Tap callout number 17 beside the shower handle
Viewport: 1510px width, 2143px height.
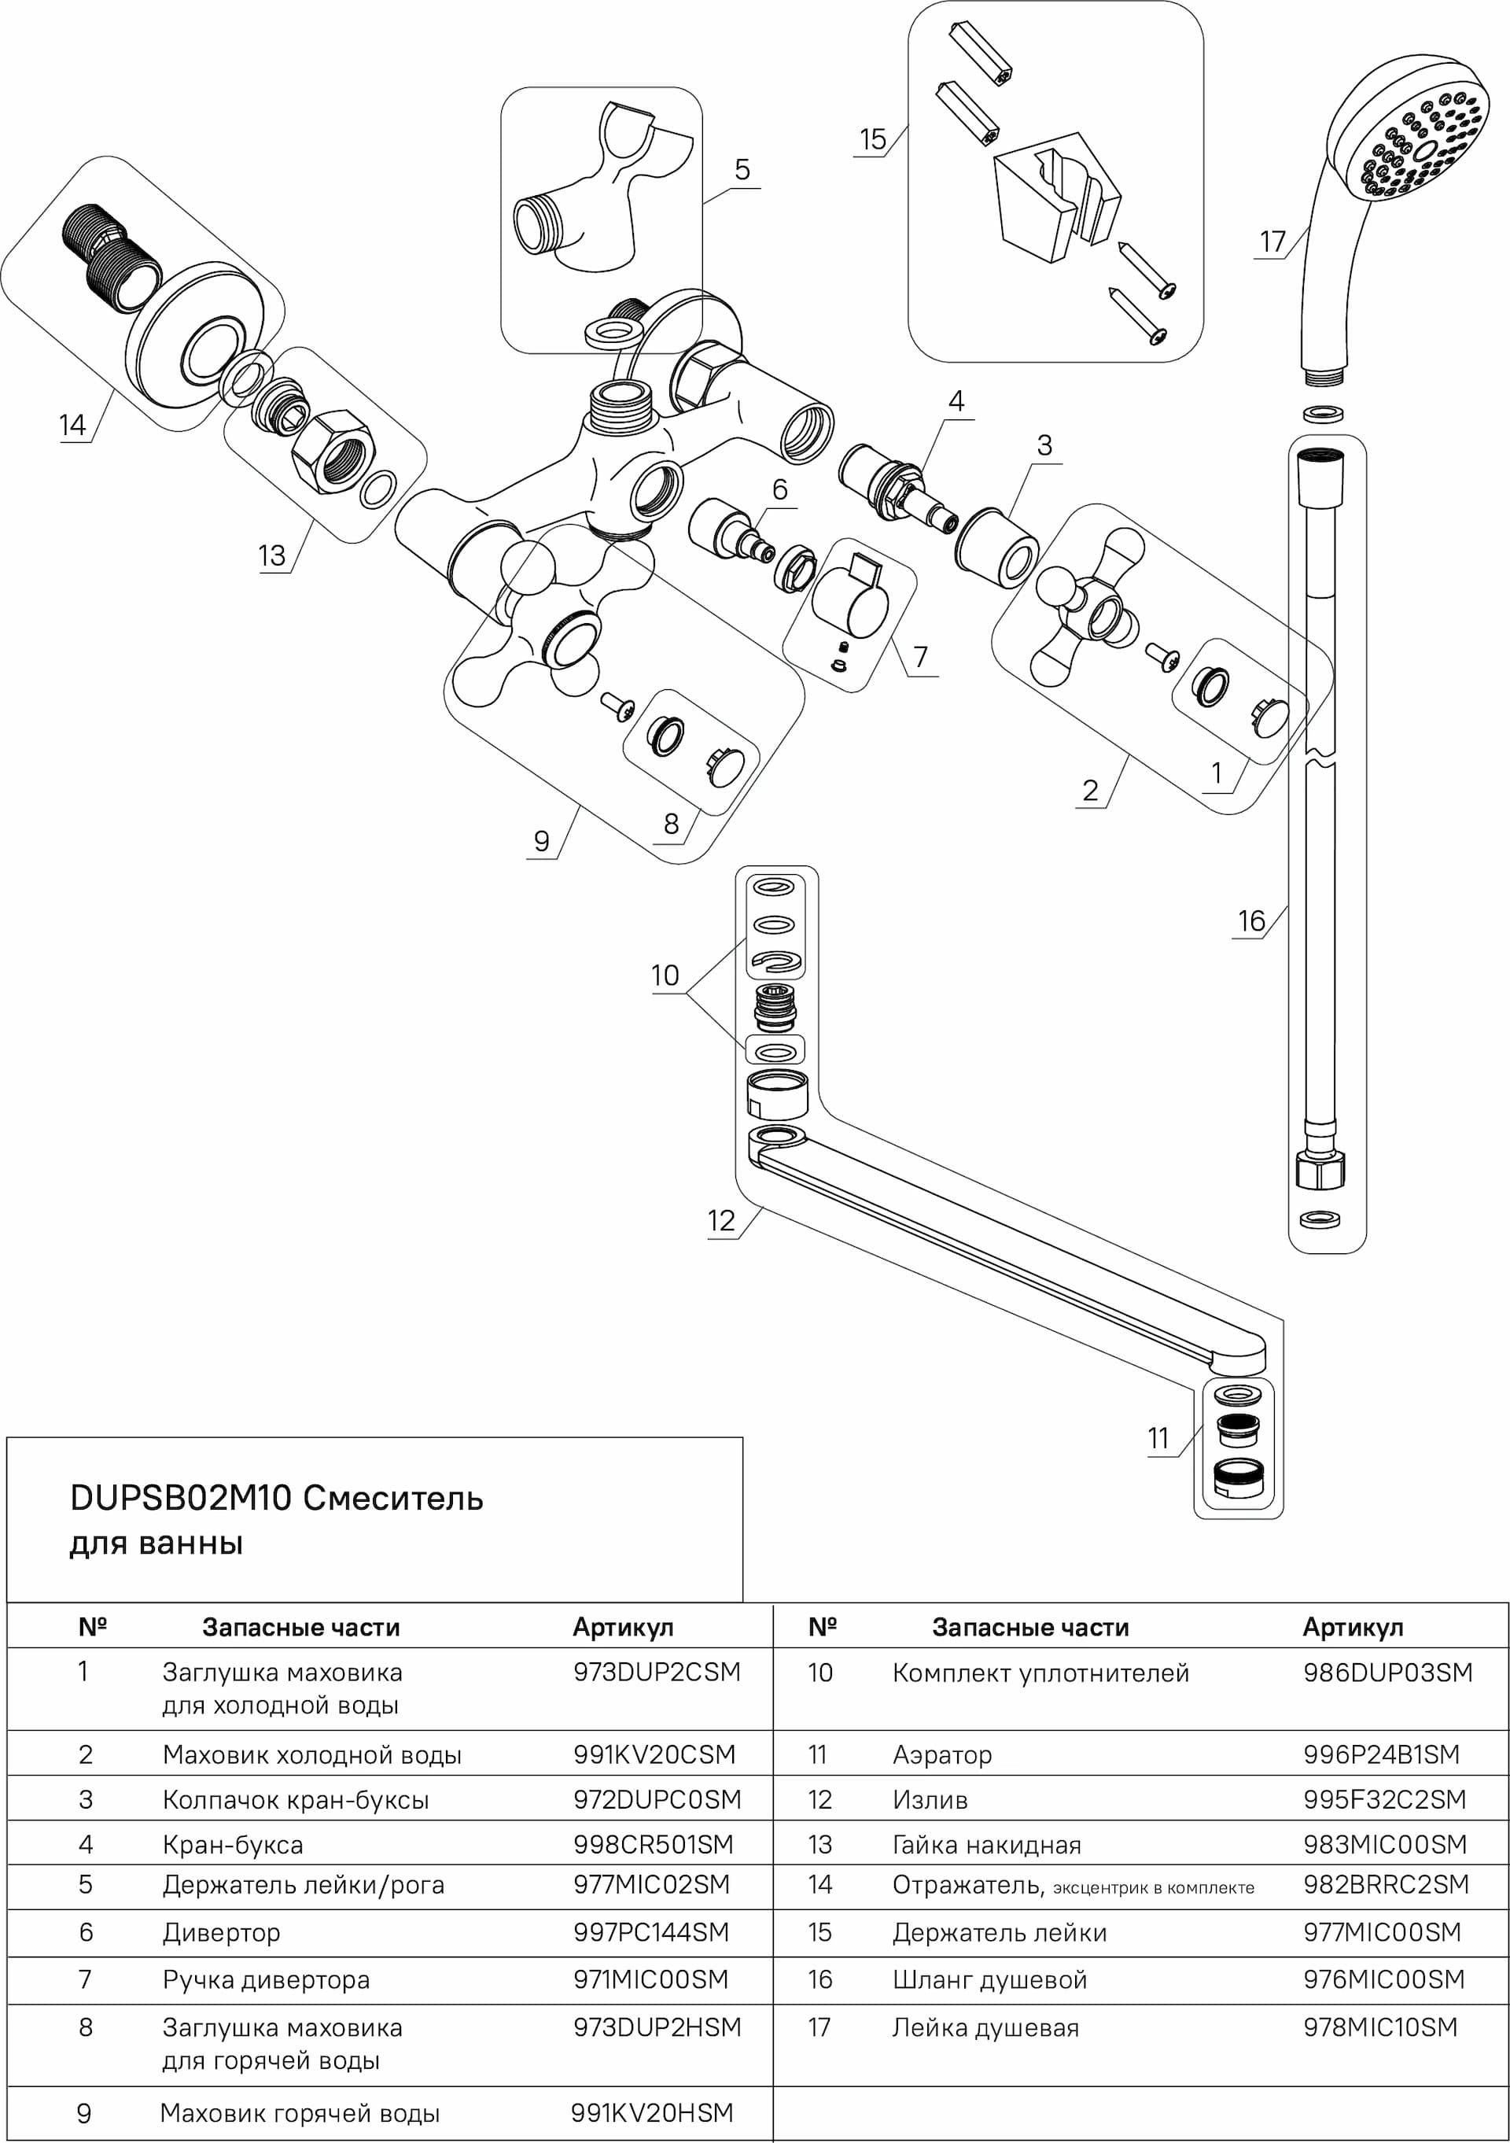click(1272, 242)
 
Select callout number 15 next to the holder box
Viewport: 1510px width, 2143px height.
click(871, 140)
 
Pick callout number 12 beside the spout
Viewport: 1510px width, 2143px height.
click(720, 1221)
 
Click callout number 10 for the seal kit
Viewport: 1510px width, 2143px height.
click(665, 976)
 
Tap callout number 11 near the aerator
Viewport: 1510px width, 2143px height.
click(1157, 1438)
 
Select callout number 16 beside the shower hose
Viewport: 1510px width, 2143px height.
click(1250, 921)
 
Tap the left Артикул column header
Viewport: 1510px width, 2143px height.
click(622, 1628)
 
